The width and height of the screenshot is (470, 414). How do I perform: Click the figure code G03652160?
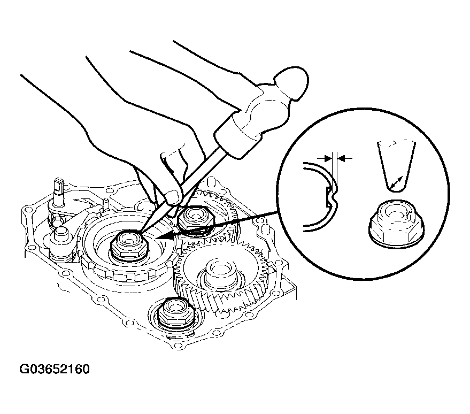pos(54,369)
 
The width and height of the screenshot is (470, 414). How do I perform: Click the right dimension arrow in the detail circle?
pos(345,157)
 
